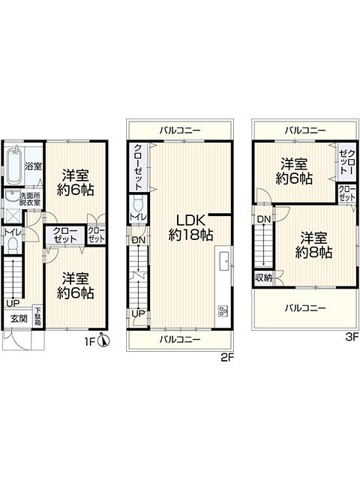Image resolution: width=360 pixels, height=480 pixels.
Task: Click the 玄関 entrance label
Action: (17, 318)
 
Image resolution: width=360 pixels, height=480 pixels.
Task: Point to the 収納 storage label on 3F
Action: (262, 277)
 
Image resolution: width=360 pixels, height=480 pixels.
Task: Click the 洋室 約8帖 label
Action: (313, 245)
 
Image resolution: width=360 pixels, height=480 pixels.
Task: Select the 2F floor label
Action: (228, 357)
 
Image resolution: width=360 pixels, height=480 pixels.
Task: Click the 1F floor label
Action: (89, 343)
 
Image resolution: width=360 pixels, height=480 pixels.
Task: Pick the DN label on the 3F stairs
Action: (263, 219)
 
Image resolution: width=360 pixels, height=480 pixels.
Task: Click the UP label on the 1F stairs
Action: (13, 303)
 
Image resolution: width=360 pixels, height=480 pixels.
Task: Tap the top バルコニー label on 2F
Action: (180, 130)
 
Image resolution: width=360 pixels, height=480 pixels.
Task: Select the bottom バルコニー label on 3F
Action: (304, 307)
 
